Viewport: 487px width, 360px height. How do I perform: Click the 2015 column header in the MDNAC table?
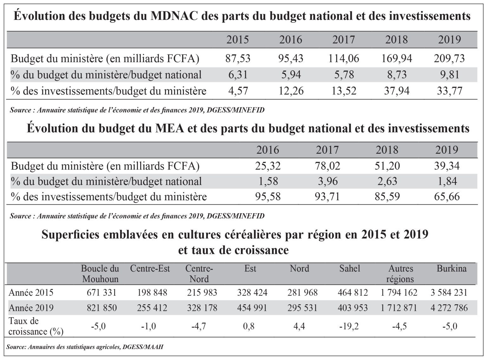pyautogui.click(x=237, y=40)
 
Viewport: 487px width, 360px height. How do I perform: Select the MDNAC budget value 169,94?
pyautogui.click(x=397, y=59)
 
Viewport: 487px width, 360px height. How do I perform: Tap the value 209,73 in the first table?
pyautogui.click(x=450, y=59)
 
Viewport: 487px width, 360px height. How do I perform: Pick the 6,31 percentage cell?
pyautogui.click(x=238, y=75)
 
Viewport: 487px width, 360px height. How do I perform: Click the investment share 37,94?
pyautogui.click(x=397, y=91)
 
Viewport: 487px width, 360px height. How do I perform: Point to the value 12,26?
pyautogui.click(x=291, y=91)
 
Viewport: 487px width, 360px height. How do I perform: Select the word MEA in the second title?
pyautogui.click(x=169, y=128)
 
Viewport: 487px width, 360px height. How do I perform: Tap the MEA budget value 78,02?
pyautogui.click(x=328, y=166)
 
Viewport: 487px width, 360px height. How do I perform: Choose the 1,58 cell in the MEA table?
pyautogui.click(x=268, y=181)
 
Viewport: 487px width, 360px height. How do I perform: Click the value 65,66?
pyautogui.click(x=447, y=197)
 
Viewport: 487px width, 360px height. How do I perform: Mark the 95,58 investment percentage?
pyautogui.click(x=268, y=197)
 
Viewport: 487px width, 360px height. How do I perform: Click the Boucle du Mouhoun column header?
pyautogui.click(x=100, y=274)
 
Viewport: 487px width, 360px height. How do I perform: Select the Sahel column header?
pyautogui.click(x=350, y=268)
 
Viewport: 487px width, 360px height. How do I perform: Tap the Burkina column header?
pyautogui.click(x=451, y=268)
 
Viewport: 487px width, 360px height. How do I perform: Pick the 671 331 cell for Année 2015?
pyautogui.click(x=101, y=292)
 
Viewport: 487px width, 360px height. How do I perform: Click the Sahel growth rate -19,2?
pyautogui.click(x=349, y=326)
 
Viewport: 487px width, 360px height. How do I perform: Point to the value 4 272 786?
pyautogui.click(x=449, y=308)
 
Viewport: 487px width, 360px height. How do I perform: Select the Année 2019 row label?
pyautogui.click(x=31, y=308)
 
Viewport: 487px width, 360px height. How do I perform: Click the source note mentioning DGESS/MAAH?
pyautogui.click(x=85, y=347)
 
